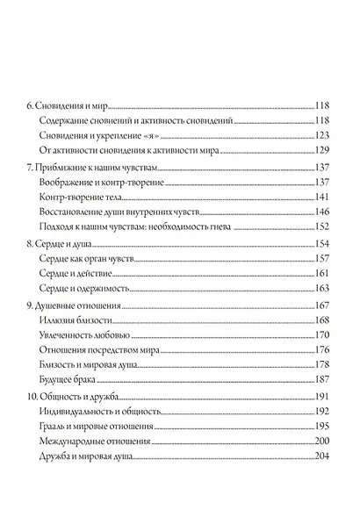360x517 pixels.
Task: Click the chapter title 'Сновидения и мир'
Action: [x=72, y=104]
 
